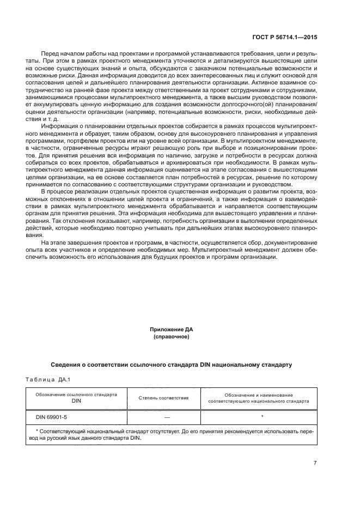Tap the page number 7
[x=315, y=463]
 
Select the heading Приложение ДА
[x=171, y=330]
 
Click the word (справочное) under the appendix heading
[x=171, y=337]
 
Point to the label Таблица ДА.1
[x=48, y=379]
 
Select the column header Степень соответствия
[x=163, y=398]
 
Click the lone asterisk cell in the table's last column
[x=262, y=416]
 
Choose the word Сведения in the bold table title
[x=68, y=363]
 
